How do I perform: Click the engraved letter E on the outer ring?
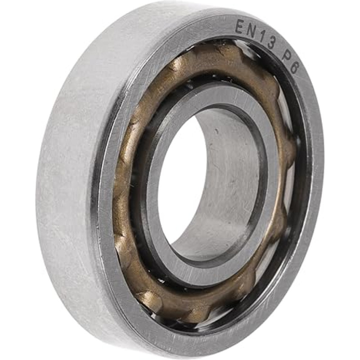coord(239,26)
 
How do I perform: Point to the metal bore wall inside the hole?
coord(229,180)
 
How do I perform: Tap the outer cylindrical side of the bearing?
coord(67,180)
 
